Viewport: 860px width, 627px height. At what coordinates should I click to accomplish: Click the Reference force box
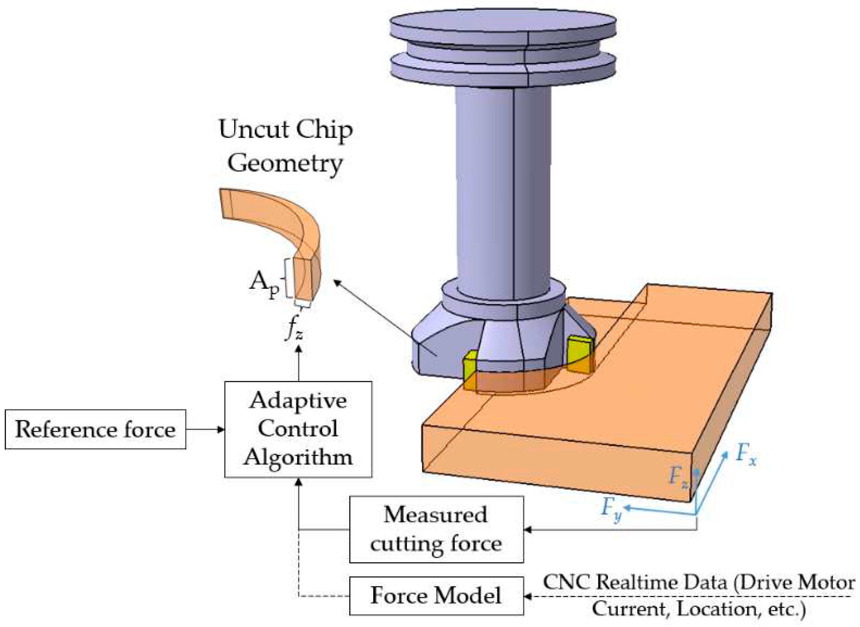(x=95, y=429)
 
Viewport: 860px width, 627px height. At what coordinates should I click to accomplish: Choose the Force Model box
(x=436, y=596)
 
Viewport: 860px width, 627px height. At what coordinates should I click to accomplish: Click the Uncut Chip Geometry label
(x=285, y=146)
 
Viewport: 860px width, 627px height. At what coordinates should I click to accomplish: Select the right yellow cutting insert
(x=580, y=354)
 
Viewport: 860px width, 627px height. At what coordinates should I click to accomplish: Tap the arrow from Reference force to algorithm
(x=205, y=429)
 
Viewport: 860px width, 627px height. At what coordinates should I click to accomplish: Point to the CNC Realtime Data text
(x=699, y=596)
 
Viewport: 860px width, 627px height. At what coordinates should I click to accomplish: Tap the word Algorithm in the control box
(x=298, y=457)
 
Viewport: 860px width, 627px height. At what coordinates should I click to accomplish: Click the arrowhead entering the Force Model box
(x=528, y=596)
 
